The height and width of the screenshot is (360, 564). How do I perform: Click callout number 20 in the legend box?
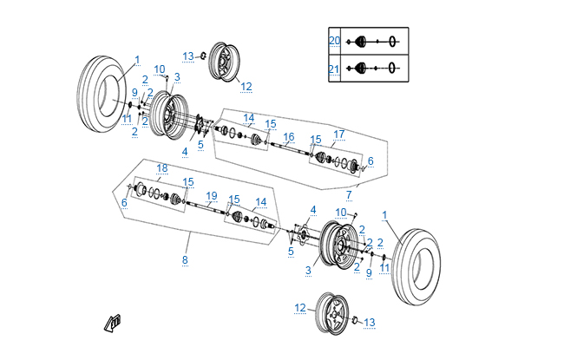(x=334, y=41)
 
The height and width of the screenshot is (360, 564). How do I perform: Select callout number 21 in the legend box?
(x=334, y=68)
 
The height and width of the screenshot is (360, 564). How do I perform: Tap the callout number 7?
(x=349, y=193)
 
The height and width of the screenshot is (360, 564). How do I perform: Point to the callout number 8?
(x=184, y=259)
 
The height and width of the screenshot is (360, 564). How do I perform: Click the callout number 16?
(x=289, y=137)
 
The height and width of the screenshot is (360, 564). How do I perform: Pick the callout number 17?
(x=339, y=134)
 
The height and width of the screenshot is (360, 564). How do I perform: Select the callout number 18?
(x=161, y=167)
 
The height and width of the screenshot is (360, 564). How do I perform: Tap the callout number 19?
(x=212, y=195)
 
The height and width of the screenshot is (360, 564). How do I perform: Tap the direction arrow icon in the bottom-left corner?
(x=113, y=322)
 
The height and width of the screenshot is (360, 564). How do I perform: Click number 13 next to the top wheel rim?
(x=188, y=56)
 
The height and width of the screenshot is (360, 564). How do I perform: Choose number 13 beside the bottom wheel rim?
(x=370, y=323)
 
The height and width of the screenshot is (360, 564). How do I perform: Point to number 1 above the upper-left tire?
(x=137, y=60)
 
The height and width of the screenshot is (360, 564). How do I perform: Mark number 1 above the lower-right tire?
(x=385, y=214)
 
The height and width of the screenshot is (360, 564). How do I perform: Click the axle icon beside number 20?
(x=374, y=41)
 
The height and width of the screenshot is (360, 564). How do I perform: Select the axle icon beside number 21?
(x=374, y=68)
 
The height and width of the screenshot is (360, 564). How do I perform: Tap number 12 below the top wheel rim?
(x=246, y=87)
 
